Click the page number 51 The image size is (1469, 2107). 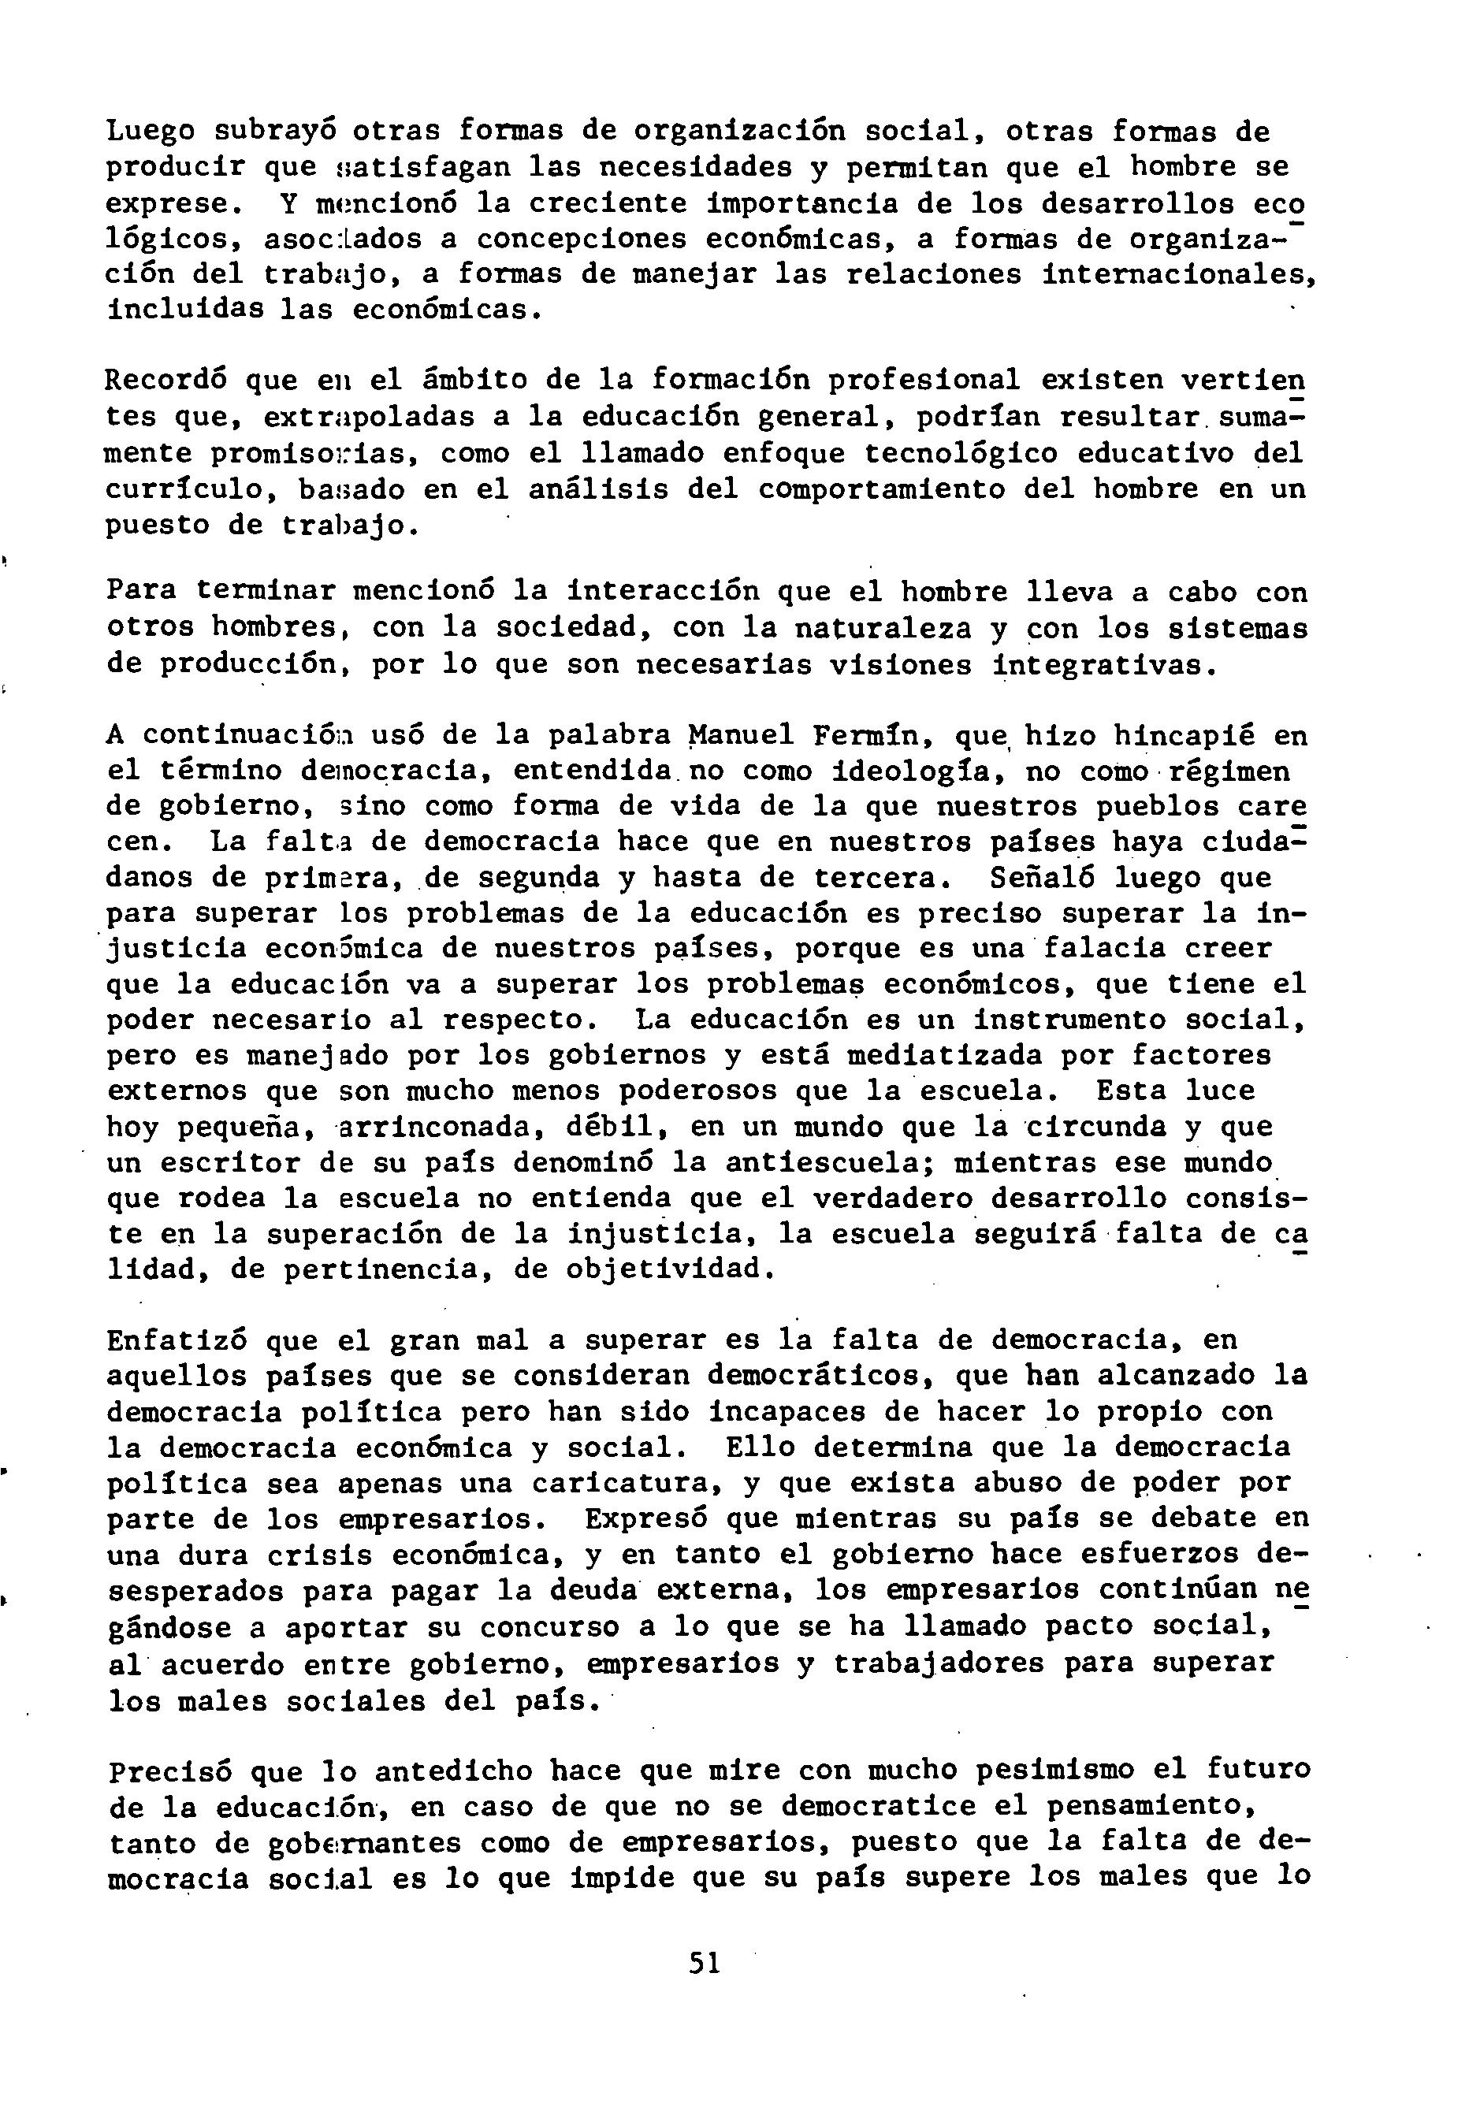pos(705,1964)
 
